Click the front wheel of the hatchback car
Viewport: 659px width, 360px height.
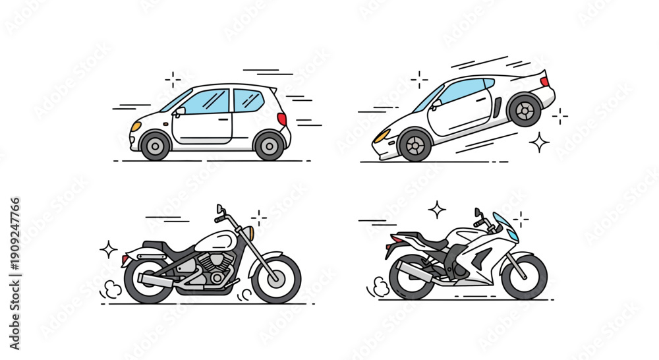click(x=156, y=145)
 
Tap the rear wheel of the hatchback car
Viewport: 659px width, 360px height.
click(x=269, y=145)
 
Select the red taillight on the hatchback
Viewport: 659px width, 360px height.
click(x=282, y=119)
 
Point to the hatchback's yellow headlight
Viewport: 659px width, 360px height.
click(x=136, y=125)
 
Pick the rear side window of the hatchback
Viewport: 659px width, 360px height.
click(x=248, y=100)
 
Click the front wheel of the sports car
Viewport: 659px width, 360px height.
click(x=415, y=146)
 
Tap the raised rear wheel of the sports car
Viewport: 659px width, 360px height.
click(x=525, y=110)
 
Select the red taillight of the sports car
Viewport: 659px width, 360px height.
click(x=544, y=82)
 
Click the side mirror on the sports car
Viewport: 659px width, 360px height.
click(x=436, y=104)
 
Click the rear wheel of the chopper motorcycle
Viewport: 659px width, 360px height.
click(x=148, y=280)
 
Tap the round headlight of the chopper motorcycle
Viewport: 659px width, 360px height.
click(x=249, y=233)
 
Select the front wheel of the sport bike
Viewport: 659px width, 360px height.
click(x=524, y=276)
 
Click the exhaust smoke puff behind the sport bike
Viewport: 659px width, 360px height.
click(x=378, y=287)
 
